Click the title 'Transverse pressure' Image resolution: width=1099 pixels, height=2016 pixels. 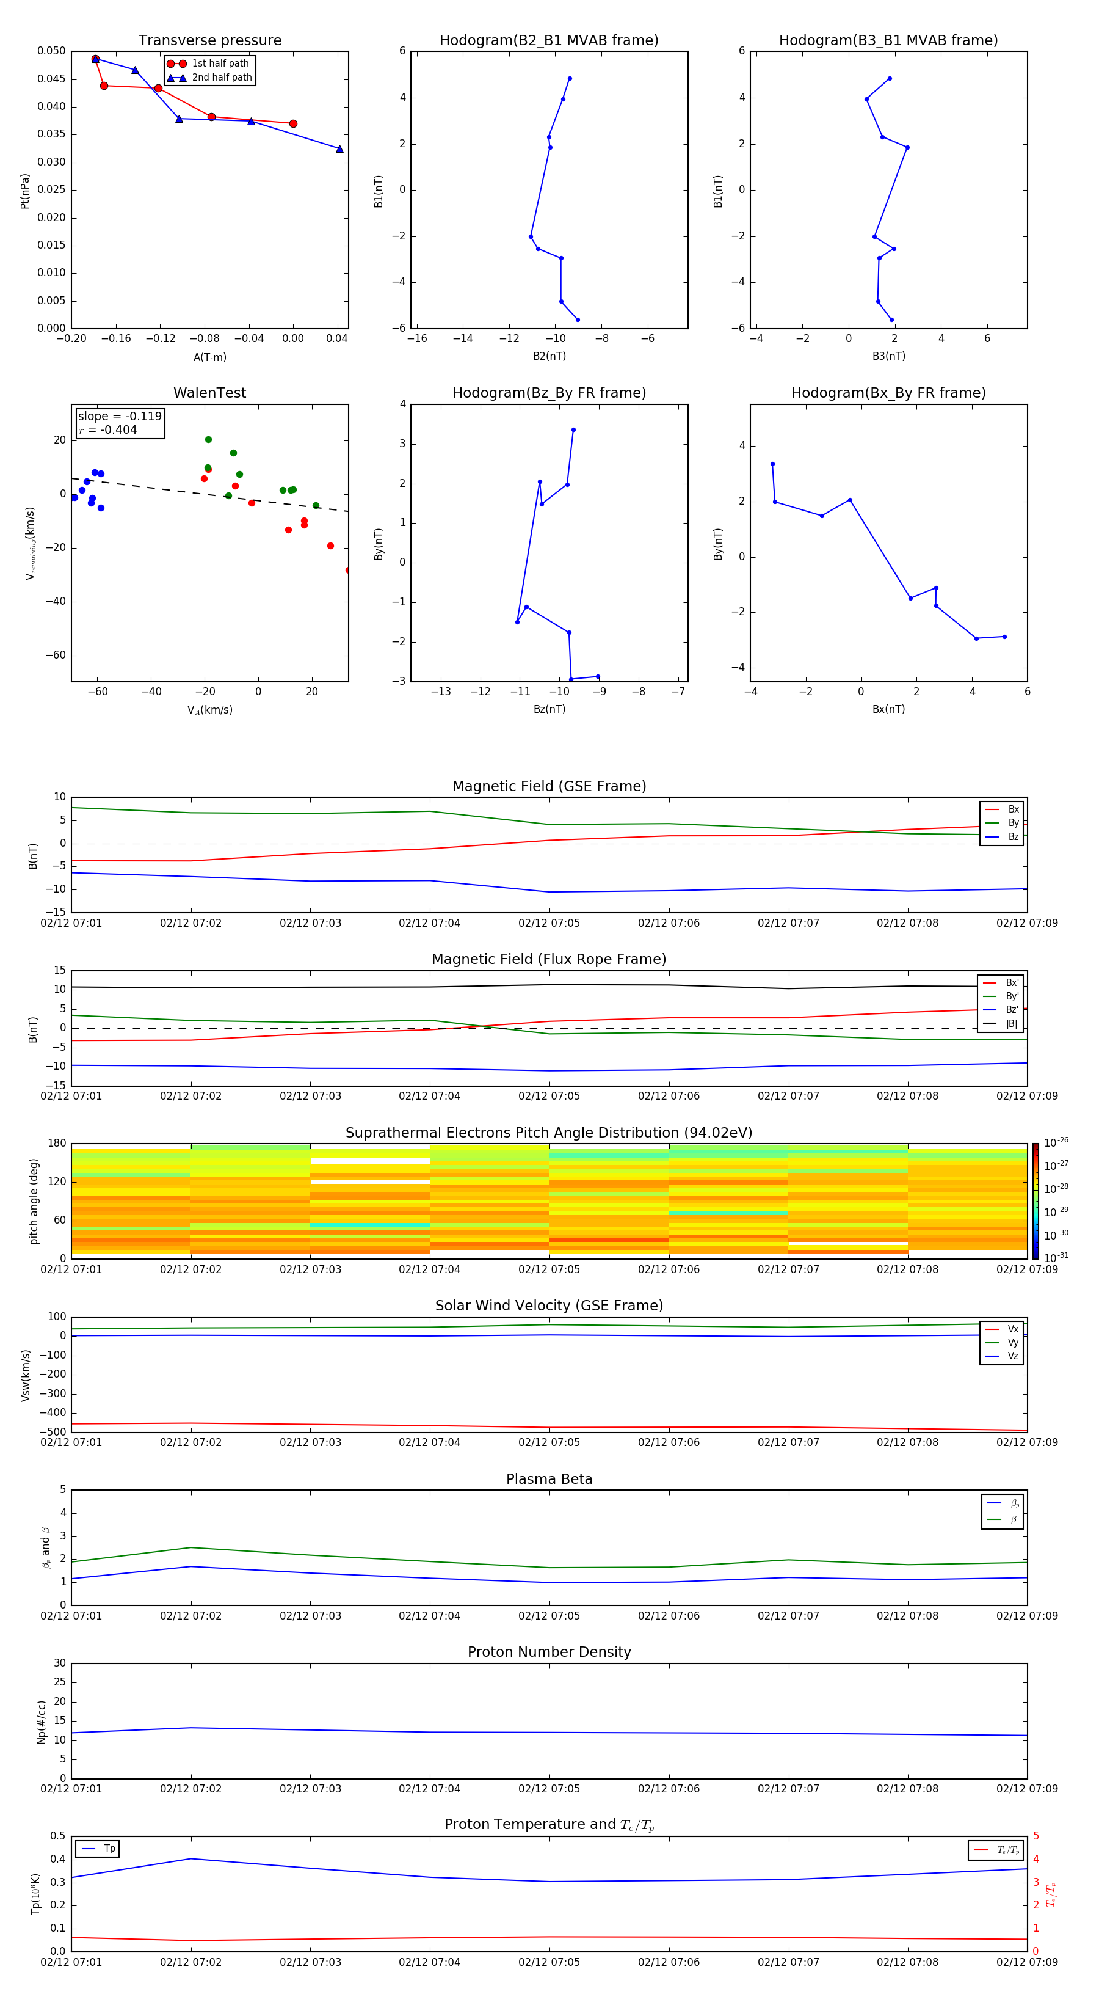pos(209,41)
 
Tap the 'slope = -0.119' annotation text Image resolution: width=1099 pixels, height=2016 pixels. pos(120,417)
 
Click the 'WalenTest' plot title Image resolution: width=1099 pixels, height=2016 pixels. pos(209,393)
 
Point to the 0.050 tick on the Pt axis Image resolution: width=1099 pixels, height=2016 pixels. pos(52,51)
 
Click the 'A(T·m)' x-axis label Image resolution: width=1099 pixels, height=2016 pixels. pos(209,357)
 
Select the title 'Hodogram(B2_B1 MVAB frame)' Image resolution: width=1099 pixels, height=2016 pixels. pos(548,41)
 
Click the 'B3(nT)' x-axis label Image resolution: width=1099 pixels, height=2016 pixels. pos(888,356)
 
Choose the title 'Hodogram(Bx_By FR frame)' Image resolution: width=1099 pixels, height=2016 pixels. pos(888,393)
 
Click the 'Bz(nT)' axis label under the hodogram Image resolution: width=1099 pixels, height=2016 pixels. pos(549,709)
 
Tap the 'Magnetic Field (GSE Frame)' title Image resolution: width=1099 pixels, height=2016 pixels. pos(549,786)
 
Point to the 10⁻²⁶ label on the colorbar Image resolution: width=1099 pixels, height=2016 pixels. pos(1056,1142)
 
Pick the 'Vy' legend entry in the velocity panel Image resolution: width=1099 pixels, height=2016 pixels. pos(1012,1342)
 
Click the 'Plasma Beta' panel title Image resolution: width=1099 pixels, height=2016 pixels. pos(549,1479)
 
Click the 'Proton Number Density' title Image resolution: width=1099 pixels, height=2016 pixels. pos(549,1652)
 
